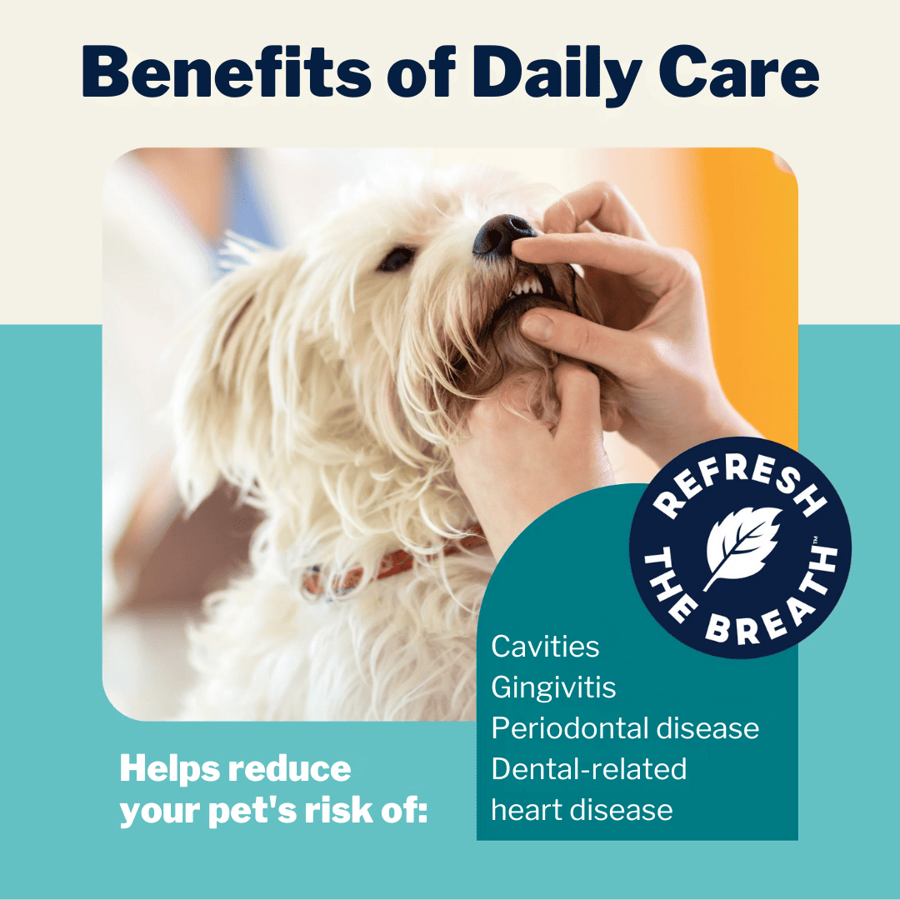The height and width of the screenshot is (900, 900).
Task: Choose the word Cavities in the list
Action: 545,647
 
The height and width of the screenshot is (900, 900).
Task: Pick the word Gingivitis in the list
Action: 554,687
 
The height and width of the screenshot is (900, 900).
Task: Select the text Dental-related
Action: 589,768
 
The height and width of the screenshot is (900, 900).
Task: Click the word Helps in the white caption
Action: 171,768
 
